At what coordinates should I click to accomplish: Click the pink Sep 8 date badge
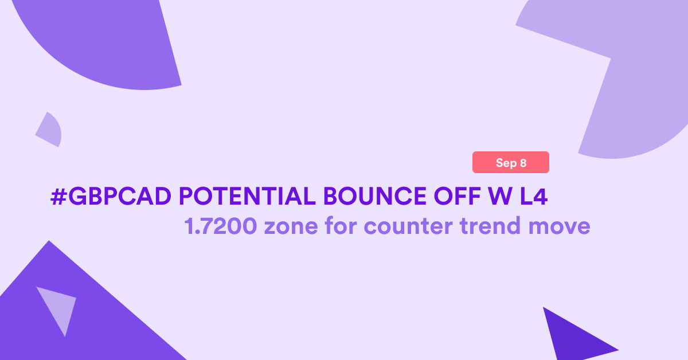tap(510, 162)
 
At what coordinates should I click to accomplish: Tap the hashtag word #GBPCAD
tap(111, 196)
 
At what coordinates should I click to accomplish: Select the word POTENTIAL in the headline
tap(247, 196)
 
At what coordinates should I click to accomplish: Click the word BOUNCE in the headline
tap(374, 196)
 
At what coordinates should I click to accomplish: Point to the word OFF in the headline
tap(457, 196)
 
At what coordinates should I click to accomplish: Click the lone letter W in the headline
tap(500, 196)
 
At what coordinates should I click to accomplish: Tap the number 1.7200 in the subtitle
tap(220, 226)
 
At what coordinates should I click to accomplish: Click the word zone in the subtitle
tap(291, 228)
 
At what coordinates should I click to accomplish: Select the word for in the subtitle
tap(341, 225)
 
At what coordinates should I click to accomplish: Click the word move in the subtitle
tap(559, 228)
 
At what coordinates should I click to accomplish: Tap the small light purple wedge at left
tap(50, 131)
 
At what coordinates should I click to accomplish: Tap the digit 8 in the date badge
tap(523, 163)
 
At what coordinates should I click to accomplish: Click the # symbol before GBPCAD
tap(58, 196)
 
